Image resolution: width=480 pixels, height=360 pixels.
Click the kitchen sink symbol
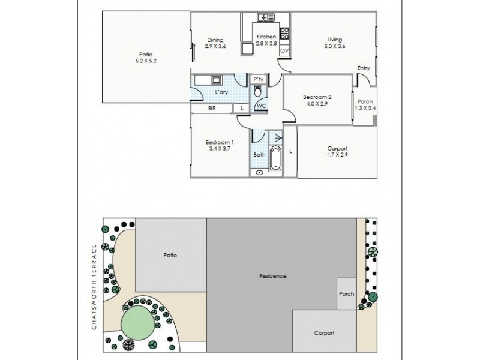click(263, 17)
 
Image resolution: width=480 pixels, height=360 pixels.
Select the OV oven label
click(284, 51)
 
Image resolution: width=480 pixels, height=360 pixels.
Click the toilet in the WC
click(258, 92)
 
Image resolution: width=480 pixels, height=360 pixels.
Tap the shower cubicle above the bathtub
click(276, 137)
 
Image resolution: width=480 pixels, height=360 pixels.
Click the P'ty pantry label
click(258, 79)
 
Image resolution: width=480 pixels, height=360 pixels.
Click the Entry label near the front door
click(363, 68)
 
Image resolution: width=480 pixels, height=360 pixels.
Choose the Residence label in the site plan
click(272, 276)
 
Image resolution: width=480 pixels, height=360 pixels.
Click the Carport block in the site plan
click(324, 332)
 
